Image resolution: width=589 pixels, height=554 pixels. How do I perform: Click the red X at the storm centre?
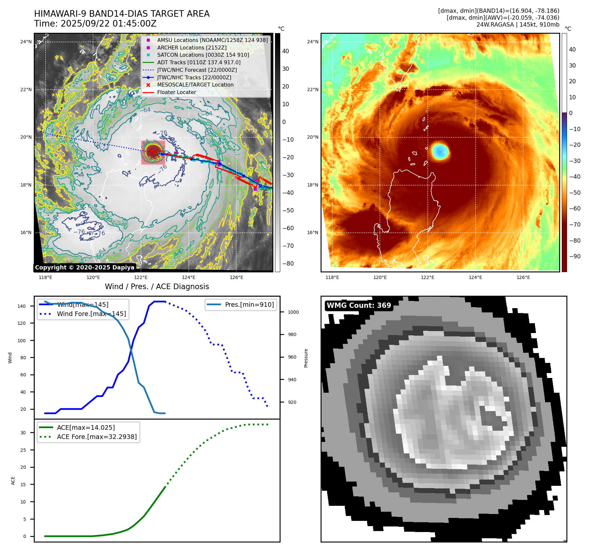(152, 151)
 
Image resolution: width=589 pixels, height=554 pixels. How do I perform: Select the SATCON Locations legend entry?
(203, 55)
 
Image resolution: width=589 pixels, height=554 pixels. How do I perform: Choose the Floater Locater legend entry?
(176, 92)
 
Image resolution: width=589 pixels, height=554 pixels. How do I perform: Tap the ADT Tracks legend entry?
(199, 63)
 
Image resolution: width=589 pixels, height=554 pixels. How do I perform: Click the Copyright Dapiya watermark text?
(85, 267)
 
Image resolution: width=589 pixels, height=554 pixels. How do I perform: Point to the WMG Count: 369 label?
(359, 306)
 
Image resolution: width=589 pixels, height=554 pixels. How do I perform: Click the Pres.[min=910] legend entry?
(249, 305)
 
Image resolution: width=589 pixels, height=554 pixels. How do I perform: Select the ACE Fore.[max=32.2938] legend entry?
(97, 437)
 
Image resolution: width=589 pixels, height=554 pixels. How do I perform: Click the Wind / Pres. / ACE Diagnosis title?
(157, 287)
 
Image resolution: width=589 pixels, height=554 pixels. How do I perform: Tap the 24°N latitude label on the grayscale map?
(26, 42)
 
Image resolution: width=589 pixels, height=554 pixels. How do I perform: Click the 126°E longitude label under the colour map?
(523, 277)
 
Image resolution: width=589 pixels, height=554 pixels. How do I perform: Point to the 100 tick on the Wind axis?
(22, 341)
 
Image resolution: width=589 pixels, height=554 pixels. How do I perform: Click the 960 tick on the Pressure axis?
(292, 357)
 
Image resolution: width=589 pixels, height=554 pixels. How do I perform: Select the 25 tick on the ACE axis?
(23, 450)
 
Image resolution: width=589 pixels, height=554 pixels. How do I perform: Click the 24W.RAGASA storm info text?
(518, 25)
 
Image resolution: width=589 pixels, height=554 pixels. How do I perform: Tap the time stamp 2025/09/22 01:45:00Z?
(108, 24)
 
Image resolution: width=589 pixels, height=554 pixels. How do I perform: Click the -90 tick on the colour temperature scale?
(575, 256)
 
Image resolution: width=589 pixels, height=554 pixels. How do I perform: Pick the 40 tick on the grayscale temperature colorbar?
(285, 51)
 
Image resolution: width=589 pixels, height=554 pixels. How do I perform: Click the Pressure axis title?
(306, 358)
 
